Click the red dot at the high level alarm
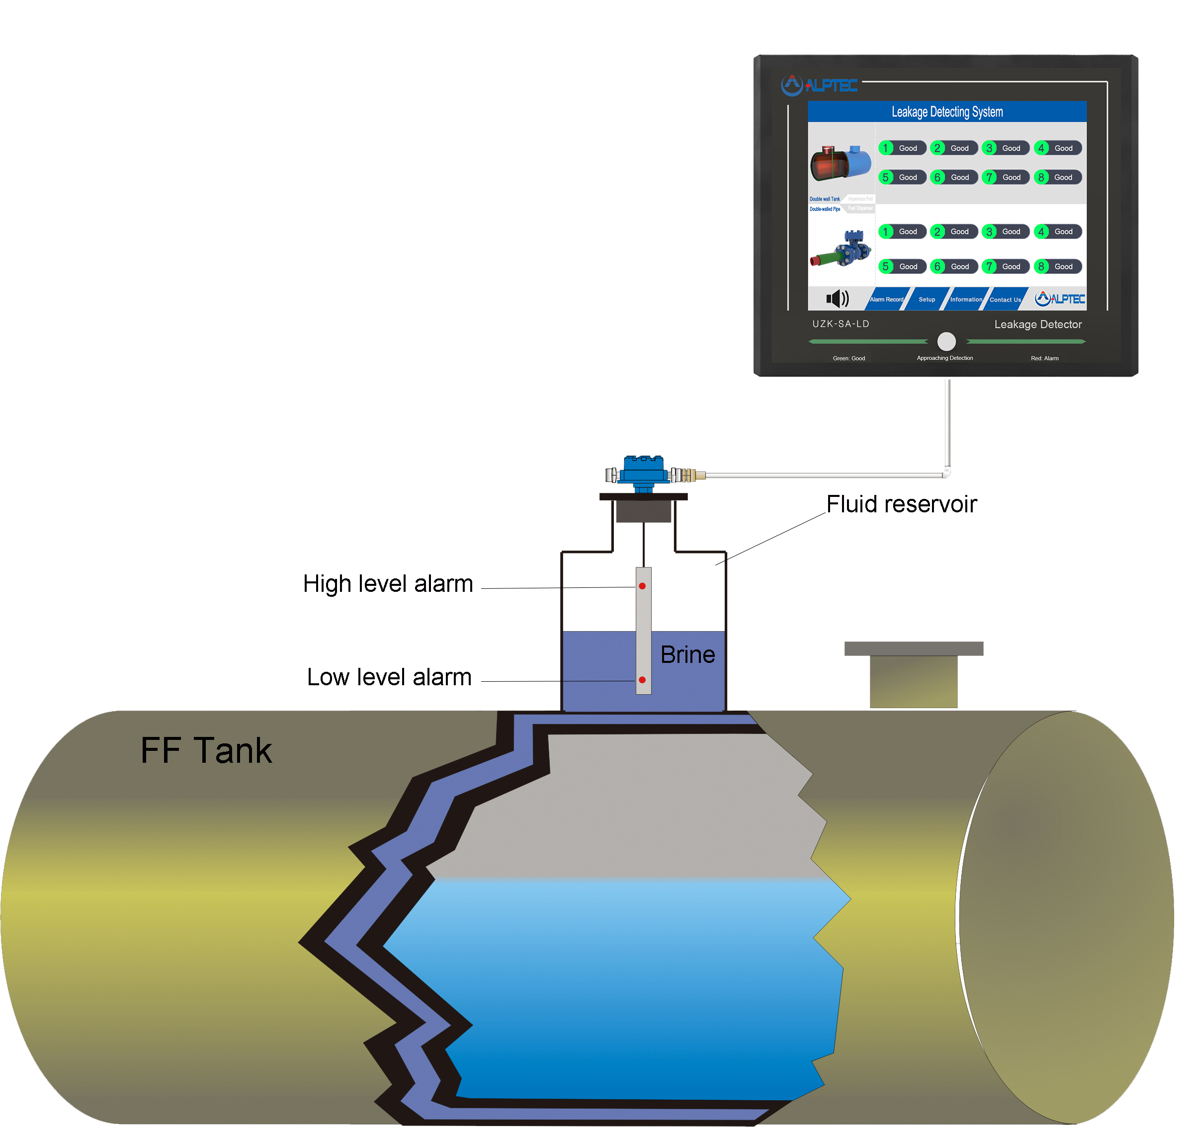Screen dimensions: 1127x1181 pos(642,586)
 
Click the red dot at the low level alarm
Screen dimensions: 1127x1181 pos(642,679)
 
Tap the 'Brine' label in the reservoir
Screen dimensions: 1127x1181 pos(687,654)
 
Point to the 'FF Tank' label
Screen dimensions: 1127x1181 pos(206,750)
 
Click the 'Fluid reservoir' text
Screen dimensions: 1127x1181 pos(901,504)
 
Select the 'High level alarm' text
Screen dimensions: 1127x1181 pos(388,583)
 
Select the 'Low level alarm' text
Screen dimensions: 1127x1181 pos(389,677)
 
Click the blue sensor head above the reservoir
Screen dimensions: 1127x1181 pos(643,469)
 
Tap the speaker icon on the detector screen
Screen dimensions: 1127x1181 pos(837,298)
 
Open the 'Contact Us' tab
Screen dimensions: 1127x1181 pos(1005,299)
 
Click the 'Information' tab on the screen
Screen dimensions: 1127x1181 pos(966,299)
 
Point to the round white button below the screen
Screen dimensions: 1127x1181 pos(946,341)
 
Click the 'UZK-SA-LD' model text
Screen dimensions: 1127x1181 pos(840,324)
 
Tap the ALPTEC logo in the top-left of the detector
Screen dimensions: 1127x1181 pos(818,84)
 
